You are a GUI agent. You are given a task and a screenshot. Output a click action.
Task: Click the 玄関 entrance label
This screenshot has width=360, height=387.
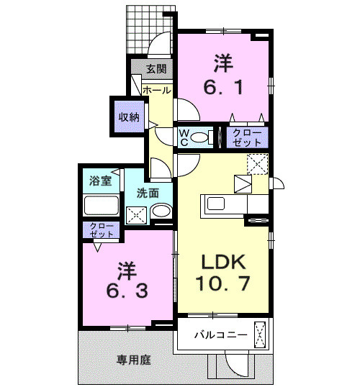pyautogui.click(x=157, y=70)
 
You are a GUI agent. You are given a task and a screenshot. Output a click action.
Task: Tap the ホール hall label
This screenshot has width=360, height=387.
pyautogui.click(x=156, y=91)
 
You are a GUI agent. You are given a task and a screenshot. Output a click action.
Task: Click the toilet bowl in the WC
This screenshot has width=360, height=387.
pyautogui.click(x=202, y=137)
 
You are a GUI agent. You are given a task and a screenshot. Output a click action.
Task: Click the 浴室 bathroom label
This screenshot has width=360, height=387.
pyautogui.click(x=100, y=181)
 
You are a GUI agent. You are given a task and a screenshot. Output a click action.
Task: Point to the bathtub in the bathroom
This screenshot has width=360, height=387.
pyautogui.click(x=101, y=206)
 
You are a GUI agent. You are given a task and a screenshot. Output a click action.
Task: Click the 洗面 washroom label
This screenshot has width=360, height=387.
pyautogui.click(x=148, y=193)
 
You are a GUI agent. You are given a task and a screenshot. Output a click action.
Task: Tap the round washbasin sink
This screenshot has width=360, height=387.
pyautogui.click(x=161, y=212)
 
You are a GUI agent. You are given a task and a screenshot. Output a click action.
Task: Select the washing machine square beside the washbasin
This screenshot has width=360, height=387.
pyautogui.click(x=136, y=213)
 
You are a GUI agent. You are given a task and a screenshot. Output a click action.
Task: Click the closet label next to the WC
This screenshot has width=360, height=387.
pyautogui.click(x=247, y=137)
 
